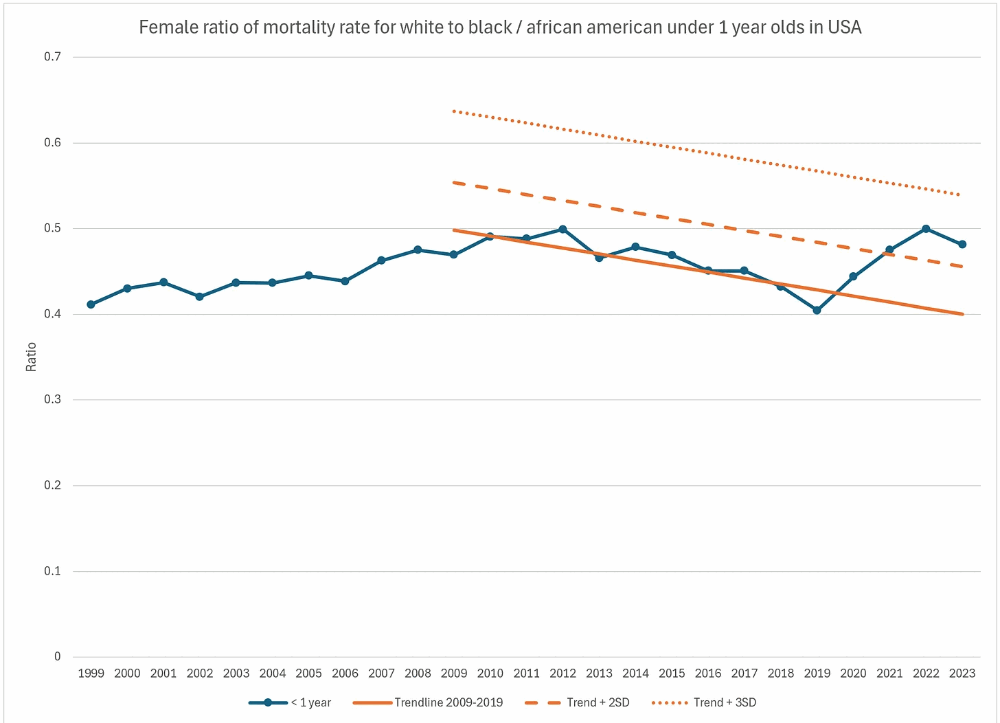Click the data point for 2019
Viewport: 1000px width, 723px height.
coord(817,311)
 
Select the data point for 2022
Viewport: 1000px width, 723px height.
coord(926,229)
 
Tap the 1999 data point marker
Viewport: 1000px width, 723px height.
coord(91,304)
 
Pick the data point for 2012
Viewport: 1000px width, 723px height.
coord(562,229)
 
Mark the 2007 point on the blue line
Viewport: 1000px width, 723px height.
coord(381,260)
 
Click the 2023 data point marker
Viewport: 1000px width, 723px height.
coord(962,244)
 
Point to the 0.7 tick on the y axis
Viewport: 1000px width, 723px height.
coord(53,57)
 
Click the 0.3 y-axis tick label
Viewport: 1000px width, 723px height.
coord(53,399)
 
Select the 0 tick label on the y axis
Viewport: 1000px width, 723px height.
coord(58,656)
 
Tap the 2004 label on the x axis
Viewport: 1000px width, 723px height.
coord(273,674)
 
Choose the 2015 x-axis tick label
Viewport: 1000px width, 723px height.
coord(672,674)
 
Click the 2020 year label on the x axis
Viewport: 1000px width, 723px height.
coord(853,674)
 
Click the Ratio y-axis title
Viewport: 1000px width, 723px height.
coord(31,357)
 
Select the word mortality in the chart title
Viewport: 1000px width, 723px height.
coord(295,27)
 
